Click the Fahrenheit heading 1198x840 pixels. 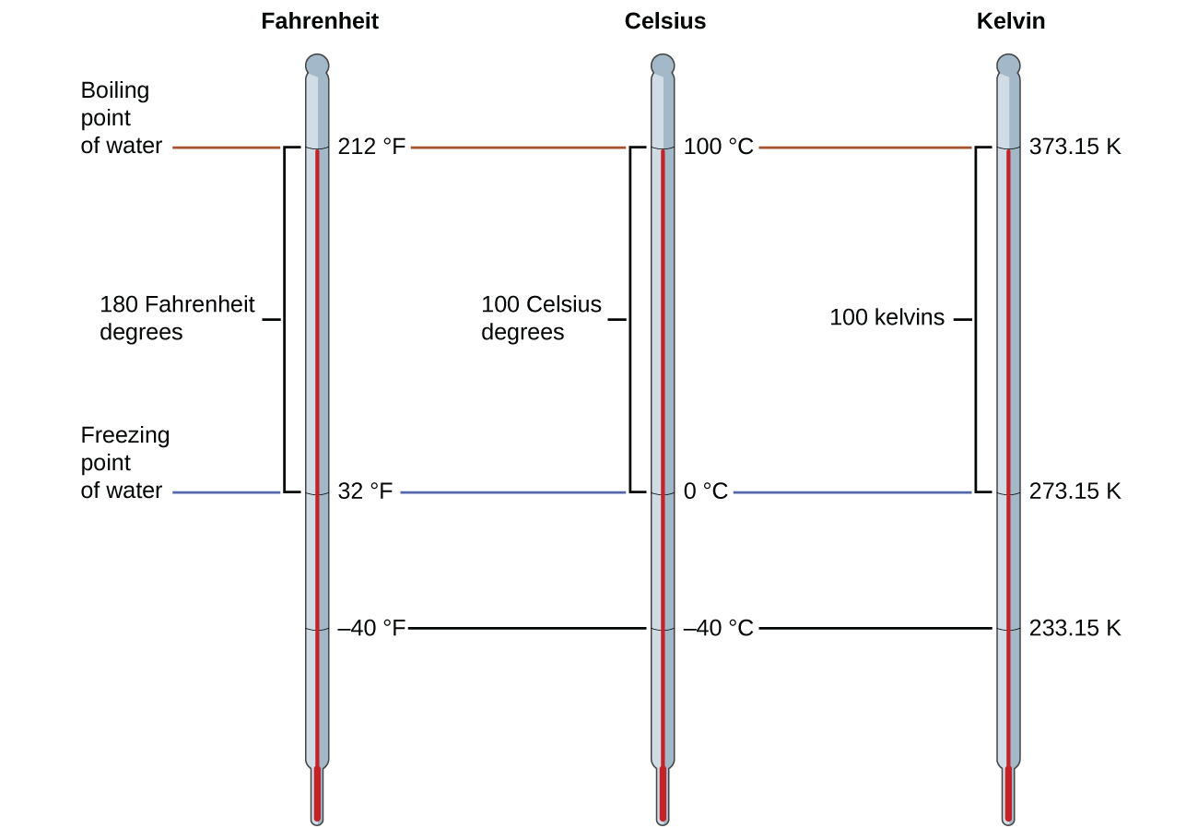[x=319, y=21]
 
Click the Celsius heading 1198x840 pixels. [x=664, y=21]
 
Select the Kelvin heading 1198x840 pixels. [x=1010, y=21]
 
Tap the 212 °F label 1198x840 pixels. [x=371, y=147]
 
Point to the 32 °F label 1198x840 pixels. [x=365, y=491]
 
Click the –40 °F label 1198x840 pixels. [x=371, y=628]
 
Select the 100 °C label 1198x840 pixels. [x=718, y=147]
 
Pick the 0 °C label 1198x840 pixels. [x=705, y=491]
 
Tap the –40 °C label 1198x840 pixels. [x=718, y=628]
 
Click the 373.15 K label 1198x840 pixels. [x=1075, y=147]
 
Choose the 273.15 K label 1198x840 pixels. [x=1075, y=491]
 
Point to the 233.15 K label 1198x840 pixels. [x=1075, y=628]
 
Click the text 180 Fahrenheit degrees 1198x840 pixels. [x=176, y=318]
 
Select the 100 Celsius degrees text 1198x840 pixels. [x=541, y=318]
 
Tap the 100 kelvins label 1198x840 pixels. [x=887, y=318]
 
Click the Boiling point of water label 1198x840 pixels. [x=121, y=118]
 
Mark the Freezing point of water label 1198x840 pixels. [x=124, y=463]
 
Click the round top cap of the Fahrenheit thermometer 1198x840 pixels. [x=317, y=65]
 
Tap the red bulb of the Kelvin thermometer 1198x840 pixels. [x=1008, y=793]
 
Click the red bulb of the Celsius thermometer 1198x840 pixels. [x=663, y=793]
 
